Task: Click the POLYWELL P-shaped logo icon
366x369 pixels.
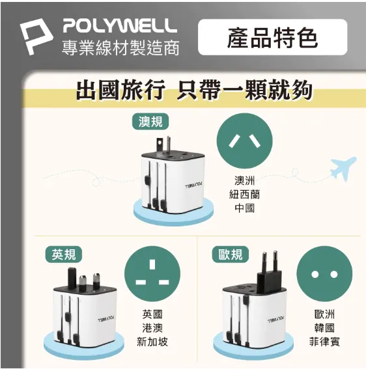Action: tap(35, 36)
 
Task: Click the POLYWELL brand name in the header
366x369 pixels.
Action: tap(120, 26)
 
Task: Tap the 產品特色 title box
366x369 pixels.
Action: tap(272, 37)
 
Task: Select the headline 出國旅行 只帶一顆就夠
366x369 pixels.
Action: tap(194, 90)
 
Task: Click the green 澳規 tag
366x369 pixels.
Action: tap(150, 122)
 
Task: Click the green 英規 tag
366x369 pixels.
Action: tap(64, 254)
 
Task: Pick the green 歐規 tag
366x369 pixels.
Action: tap(230, 254)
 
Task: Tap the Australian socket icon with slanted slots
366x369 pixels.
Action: tap(244, 141)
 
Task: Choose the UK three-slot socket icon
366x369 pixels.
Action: tap(152, 274)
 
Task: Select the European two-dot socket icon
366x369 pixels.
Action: tap(324, 274)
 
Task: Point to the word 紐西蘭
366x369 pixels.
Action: tap(244, 195)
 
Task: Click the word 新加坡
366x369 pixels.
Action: tap(152, 342)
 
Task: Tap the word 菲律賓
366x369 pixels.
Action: tap(324, 342)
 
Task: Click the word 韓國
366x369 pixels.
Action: tap(324, 328)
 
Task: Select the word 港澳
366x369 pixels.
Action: tap(152, 328)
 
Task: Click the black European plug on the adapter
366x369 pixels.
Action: tap(269, 273)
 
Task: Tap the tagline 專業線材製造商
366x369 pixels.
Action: tap(120, 48)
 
